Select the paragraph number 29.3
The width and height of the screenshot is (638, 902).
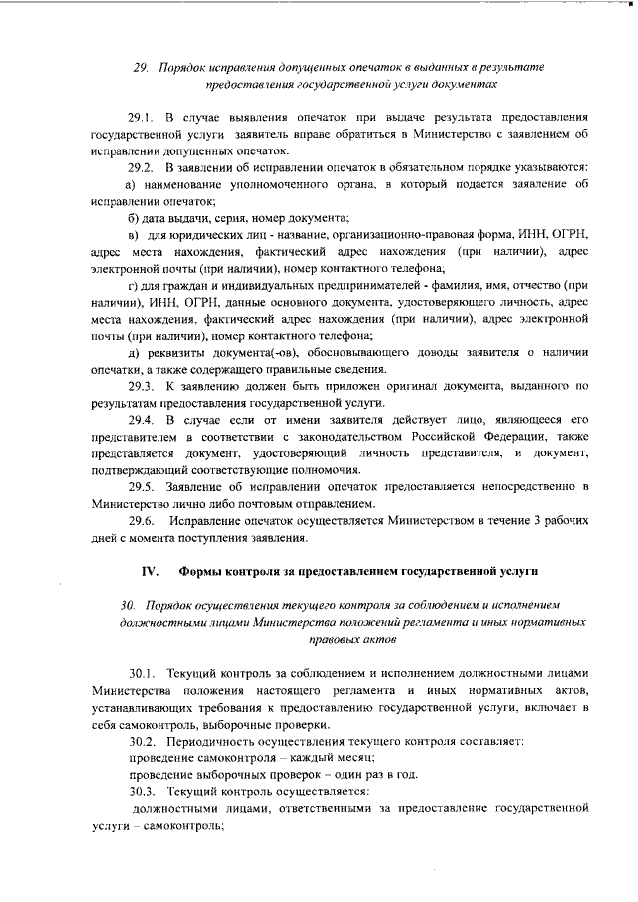[142, 386]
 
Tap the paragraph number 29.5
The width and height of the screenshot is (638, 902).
[142, 486]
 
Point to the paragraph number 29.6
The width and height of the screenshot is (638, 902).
[142, 521]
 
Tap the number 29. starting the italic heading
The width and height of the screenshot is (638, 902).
[141, 67]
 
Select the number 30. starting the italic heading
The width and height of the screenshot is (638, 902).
[127, 605]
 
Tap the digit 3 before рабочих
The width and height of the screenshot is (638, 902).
[532, 521]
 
